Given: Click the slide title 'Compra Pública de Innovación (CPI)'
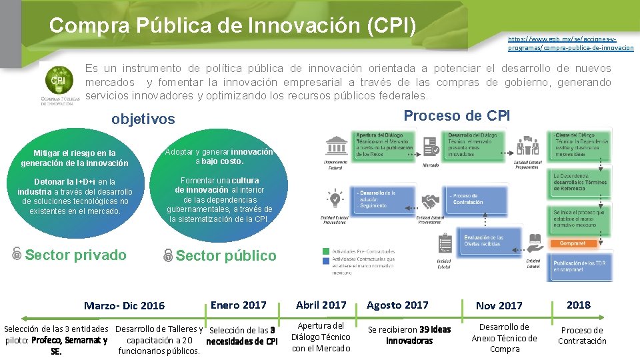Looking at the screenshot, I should click(x=232, y=26).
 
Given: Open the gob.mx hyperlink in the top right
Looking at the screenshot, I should click(x=571, y=43).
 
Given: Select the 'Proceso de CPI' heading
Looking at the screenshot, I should click(x=457, y=115).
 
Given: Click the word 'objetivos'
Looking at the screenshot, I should click(x=143, y=119).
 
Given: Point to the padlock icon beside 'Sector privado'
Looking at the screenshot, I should click(x=17, y=254).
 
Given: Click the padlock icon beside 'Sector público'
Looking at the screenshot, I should click(x=168, y=255).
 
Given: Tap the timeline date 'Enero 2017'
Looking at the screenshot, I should click(x=238, y=305).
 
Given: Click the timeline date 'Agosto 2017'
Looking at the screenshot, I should click(x=397, y=305).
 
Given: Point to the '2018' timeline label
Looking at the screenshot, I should click(x=578, y=305).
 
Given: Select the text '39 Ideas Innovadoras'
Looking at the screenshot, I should click(x=409, y=335).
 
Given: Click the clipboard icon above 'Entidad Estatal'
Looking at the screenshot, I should click(x=444, y=243).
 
